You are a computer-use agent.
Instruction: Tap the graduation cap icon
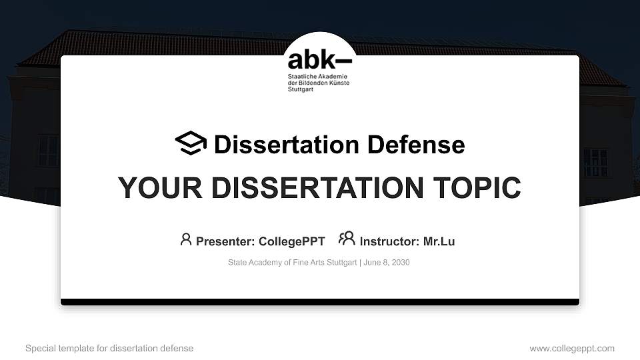pyautogui.click(x=191, y=143)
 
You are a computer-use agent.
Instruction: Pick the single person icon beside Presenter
pyautogui.click(x=186, y=239)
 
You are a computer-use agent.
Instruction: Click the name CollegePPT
pyautogui.click(x=291, y=241)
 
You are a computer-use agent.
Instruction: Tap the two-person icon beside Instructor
pyautogui.click(x=347, y=239)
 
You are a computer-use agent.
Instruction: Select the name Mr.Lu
pyautogui.click(x=439, y=241)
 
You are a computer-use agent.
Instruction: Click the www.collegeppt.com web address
pyautogui.click(x=572, y=349)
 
